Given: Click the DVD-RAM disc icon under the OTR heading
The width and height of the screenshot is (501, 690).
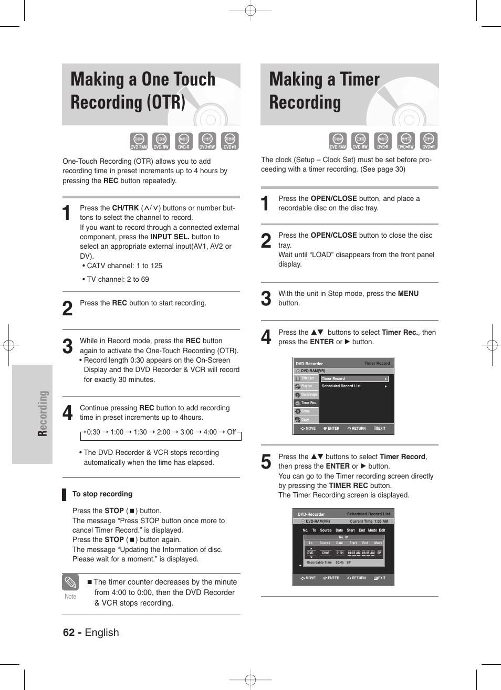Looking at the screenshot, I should [x=139, y=141].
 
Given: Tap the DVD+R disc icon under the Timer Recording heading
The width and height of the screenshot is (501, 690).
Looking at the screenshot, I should [x=429, y=141].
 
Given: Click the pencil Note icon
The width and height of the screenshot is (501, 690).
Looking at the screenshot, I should [x=70, y=582].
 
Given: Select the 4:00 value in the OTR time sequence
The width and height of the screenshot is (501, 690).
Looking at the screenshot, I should [x=210, y=432].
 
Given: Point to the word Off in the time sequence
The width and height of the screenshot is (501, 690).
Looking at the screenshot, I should [x=231, y=432].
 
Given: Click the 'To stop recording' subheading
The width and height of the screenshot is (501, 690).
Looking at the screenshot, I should [x=102, y=494].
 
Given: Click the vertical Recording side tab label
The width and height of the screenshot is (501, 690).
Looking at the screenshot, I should [x=43, y=413].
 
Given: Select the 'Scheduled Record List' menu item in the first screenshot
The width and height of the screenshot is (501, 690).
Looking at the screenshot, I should [x=341, y=386].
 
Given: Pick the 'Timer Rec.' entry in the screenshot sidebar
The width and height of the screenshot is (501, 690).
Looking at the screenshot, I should [x=309, y=403].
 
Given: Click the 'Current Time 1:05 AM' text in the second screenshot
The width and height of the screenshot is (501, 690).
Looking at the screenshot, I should [x=369, y=522].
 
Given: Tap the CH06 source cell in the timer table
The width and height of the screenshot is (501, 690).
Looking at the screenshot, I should [x=326, y=553].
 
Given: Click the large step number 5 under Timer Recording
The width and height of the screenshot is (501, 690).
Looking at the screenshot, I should [x=266, y=462].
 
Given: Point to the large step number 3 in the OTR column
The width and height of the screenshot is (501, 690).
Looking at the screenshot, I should [x=67, y=347].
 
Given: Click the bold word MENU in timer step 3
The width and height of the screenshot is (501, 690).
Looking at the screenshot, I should [x=408, y=293].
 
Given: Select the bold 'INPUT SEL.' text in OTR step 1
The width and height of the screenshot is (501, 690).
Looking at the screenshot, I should [x=170, y=237].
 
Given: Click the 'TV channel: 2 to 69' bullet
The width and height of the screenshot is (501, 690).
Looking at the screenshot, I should [x=116, y=279].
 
